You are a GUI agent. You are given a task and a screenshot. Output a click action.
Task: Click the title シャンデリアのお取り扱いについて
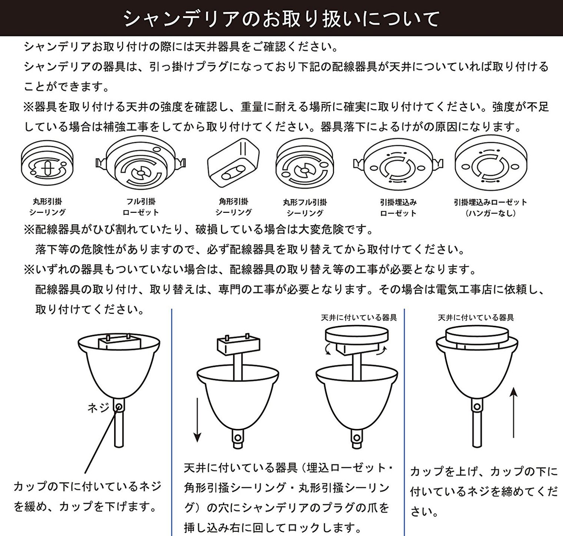pos(281,18)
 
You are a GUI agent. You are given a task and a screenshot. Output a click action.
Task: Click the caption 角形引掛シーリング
pos(234,207)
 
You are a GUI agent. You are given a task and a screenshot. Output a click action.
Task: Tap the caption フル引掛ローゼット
pos(141,207)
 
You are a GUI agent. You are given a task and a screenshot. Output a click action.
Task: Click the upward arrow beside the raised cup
pos(514,412)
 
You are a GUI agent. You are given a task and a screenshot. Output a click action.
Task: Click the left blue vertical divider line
pos(172,422)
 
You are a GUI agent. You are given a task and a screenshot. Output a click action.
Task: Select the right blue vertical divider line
pos(404,422)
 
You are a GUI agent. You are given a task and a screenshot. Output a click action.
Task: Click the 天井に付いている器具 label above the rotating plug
pos(359,318)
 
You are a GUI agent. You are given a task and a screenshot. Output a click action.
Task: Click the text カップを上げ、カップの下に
pos(484,472)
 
